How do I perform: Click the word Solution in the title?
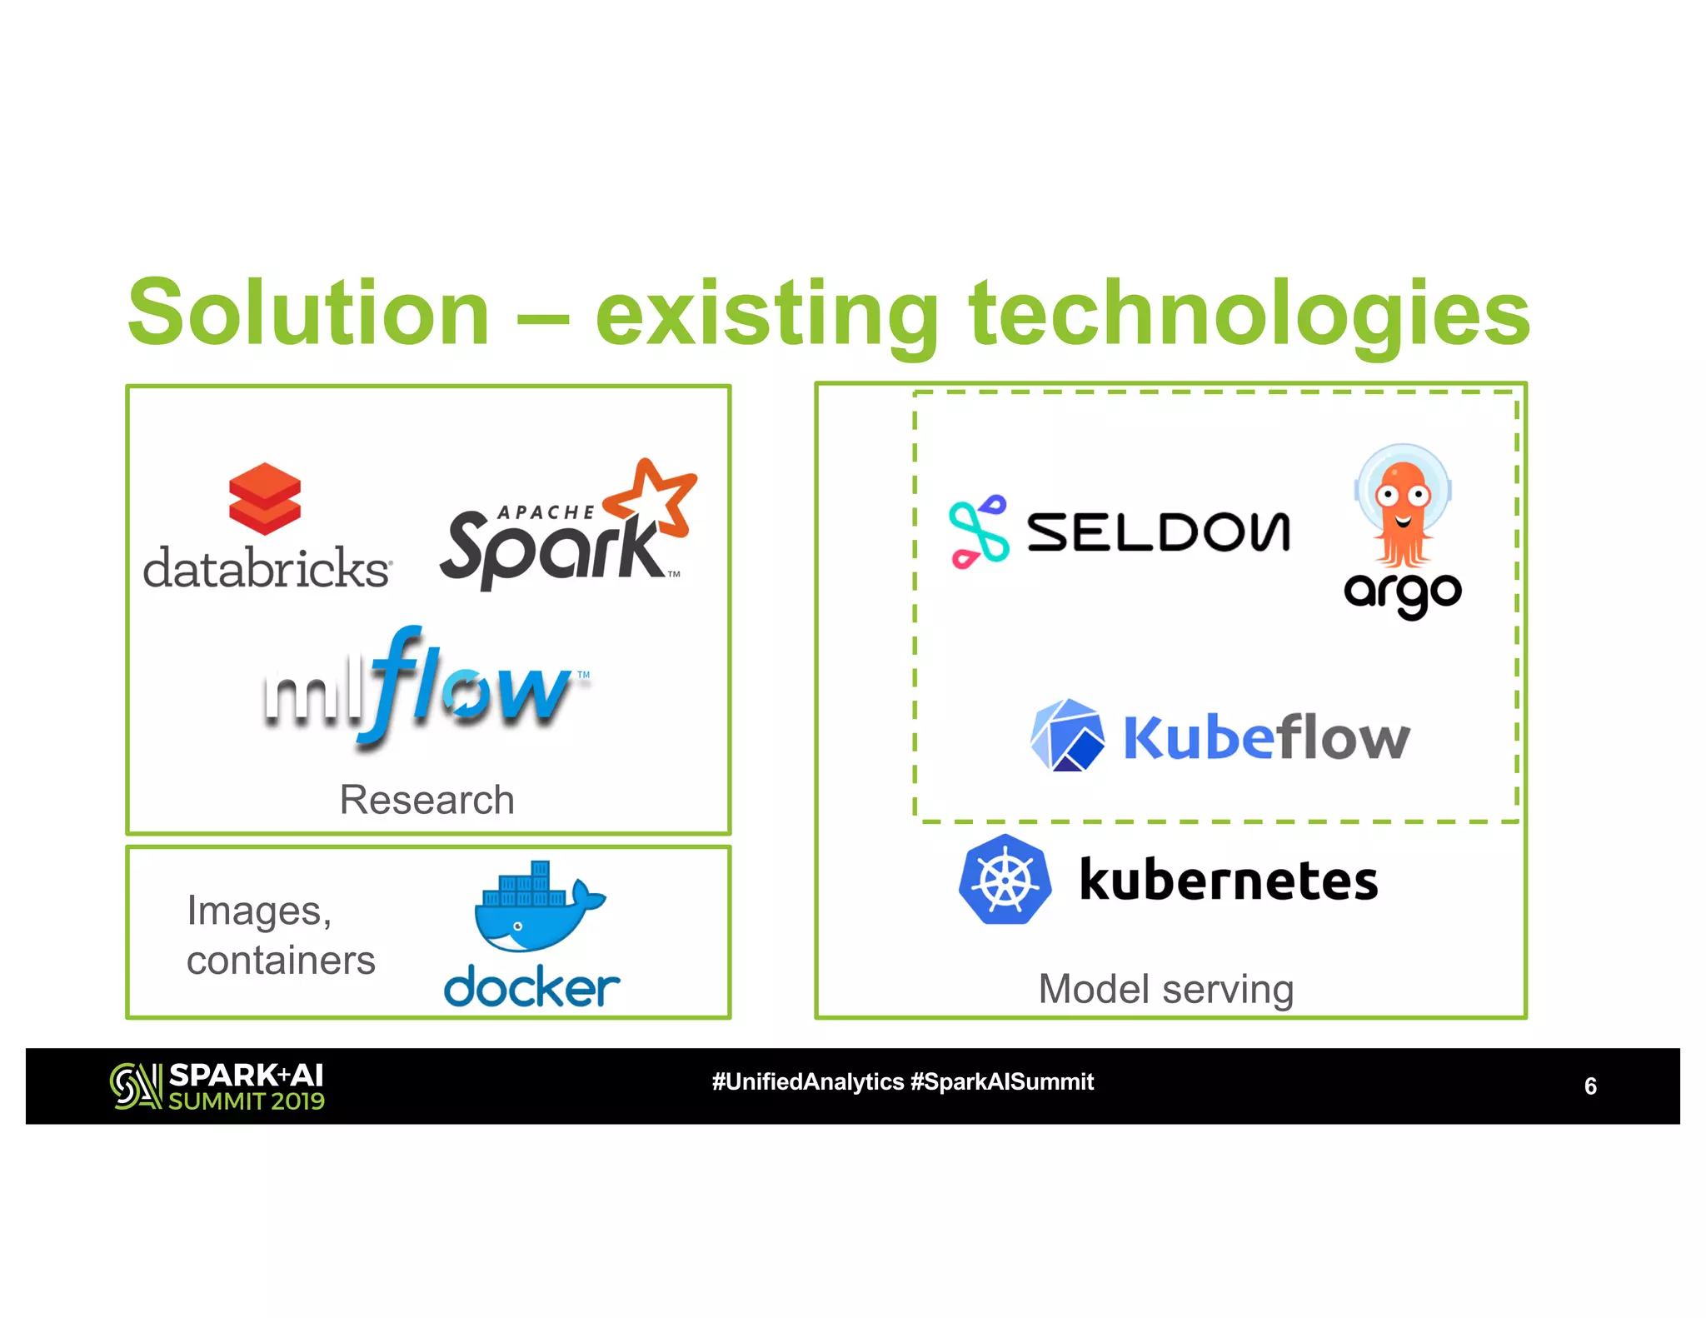coord(308,313)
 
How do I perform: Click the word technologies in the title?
coord(1250,313)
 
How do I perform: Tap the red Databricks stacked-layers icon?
coord(265,499)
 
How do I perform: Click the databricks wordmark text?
coord(267,569)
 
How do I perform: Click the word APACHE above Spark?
coord(546,512)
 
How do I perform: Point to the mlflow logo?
coord(425,687)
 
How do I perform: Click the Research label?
coord(426,800)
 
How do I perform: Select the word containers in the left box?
coord(281,961)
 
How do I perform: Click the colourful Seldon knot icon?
coord(978,532)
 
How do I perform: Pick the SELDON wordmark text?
coord(1158,533)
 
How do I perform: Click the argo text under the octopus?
coord(1403,593)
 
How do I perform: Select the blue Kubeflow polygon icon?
coord(1067,736)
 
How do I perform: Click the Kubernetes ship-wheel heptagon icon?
coord(1005,880)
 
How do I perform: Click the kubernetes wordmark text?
coord(1229,881)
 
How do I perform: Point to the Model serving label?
coord(1165,990)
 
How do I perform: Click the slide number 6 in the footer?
coord(1589,1086)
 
